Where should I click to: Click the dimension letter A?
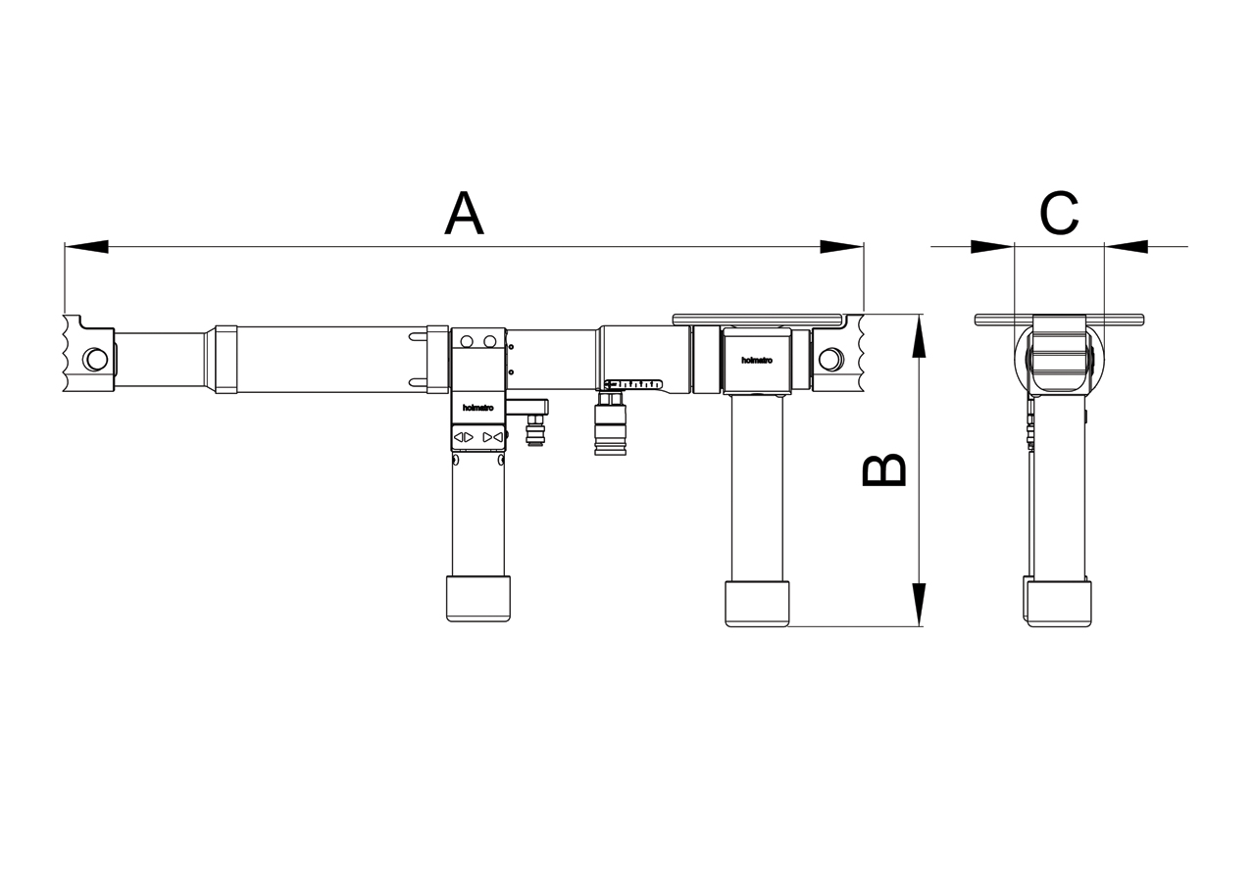(x=464, y=214)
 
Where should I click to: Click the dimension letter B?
(x=883, y=469)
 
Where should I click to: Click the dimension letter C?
(x=1059, y=214)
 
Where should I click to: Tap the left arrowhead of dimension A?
(x=86, y=246)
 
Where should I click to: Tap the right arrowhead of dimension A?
(x=842, y=246)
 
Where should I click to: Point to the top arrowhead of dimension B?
(x=919, y=336)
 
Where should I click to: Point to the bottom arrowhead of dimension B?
(x=919, y=604)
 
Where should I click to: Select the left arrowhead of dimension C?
(x=993, y=246)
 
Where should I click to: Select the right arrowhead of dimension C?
(x=1127, y=246)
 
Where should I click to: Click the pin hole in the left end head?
(x=95, y=360)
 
